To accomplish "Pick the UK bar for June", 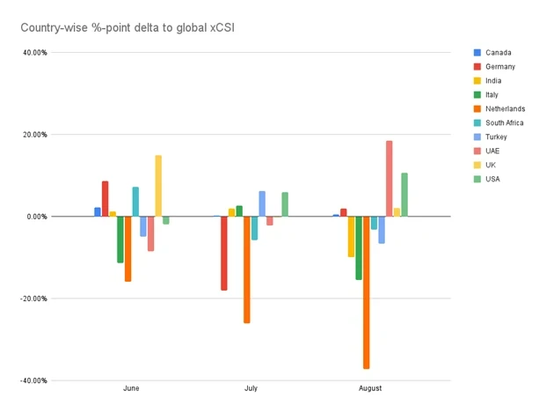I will click(x=158, y=186).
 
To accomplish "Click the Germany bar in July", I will click(x=224, y=254).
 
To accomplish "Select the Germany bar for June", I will click(x=105, y=199).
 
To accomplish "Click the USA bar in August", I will click(x=404, y=195).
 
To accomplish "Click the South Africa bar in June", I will click(x=135, y=202).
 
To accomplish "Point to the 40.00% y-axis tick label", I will click(x=35, y=52).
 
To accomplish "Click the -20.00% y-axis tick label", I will click(x=33, y=299).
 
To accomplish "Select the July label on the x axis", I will click(x=251, y=388).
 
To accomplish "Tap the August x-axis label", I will click(x=370, y=388).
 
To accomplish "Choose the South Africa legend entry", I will click(x=504, y=123).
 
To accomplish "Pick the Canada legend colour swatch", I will click(x=477, y=53).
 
